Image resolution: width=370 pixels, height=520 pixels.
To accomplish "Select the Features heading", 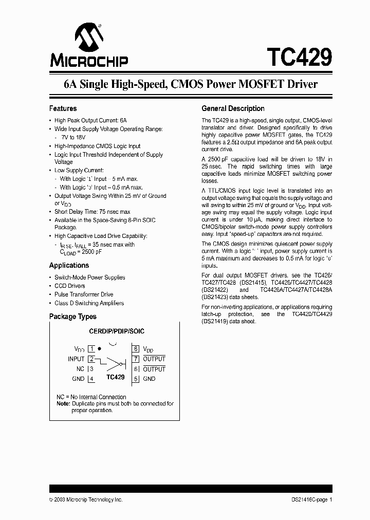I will pyautogui.click(x=63, y=108).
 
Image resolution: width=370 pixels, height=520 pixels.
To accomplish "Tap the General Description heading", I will pyautogui.click(x=233, y=108).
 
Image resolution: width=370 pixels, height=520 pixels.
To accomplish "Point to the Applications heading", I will pyautogui.click(x=69, y=265).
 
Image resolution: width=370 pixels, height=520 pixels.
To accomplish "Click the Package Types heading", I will pyautogui.click(x=72, y=317).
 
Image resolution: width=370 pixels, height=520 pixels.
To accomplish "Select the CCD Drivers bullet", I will pyautogui.click(x=70, y=286).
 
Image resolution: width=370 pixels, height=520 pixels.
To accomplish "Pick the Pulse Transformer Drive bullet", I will pyautogui.click(x=84, y=294).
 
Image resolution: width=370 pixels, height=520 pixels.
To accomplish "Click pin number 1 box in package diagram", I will pyautogui.click(x=91, y=349).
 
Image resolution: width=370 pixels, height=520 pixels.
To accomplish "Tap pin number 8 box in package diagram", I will pyautogui.click(x=136, y=349).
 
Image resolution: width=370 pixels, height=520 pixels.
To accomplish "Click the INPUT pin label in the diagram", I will pyautogui.click(x=76, y=359).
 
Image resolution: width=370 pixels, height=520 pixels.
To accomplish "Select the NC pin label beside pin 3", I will pyautogui.click(x=80, y=369).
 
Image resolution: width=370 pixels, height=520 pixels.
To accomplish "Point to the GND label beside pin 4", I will pyautogui.click(x=78, y=379).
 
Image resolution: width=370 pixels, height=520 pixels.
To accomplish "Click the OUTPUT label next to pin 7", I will pyautogui.click(x=154, y=359).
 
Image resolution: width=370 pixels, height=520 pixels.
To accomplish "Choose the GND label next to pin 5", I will pyautogui.click(x=149, y=379).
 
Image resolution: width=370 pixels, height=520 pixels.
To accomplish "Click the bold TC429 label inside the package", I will pyautogui.click(x=115, y=377).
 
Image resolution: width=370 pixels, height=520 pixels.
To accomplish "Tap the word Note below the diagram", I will pyautogui.click(x=63, y=404).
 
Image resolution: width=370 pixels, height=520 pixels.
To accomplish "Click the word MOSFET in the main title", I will pyautogui.click(x=257, y=84).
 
